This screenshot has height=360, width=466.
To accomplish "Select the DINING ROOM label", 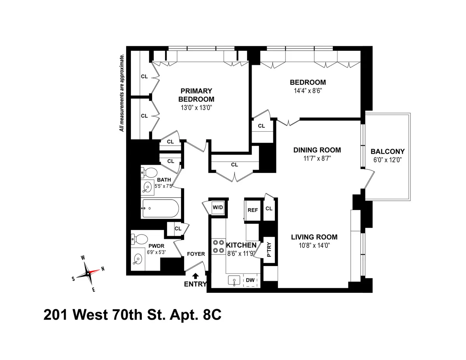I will (317, 150).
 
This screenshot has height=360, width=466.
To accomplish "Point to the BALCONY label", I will (387, 151).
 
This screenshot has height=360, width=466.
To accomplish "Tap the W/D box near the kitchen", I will (218, 207).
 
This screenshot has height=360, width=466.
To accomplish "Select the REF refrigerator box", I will (253, 210).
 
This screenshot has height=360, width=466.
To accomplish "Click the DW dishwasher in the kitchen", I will (250, 280).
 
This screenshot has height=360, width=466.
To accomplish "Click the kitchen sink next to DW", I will (234, 280).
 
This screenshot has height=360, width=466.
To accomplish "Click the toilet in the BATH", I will (149, 172).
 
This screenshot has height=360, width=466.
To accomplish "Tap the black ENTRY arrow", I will (195, 276).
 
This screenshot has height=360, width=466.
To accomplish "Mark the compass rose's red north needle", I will (96, 270).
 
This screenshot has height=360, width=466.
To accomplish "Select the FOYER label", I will (196, 254).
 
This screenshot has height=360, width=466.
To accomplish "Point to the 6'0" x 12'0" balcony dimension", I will (387, 159).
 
